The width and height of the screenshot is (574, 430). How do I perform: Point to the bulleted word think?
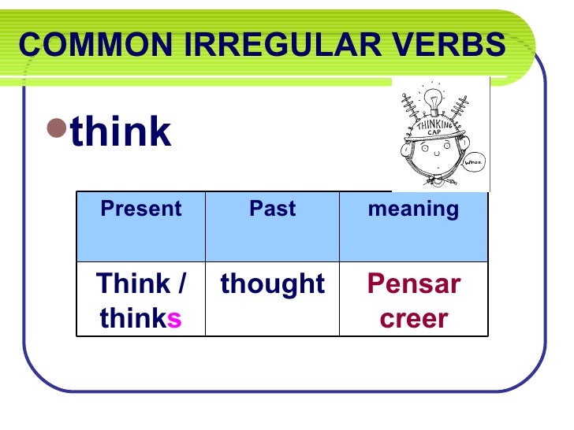pyautogui.click(x=121, y=132)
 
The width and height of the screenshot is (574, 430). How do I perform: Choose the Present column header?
pyautogui.click(x=140, y=209)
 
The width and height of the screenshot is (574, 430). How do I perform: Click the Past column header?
pyautogui.click(x=272, y=209)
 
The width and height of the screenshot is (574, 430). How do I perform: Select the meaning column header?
pyautogui.click(x=413, y=209)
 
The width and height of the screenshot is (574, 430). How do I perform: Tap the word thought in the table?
pyautogui.click(x=272, y=284)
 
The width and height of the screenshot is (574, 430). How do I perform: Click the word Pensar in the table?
pyautogui.click(x=413, y=284)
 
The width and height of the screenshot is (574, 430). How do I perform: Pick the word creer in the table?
pyautogui.click(x=413, y=319)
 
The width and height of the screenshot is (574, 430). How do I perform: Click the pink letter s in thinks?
pyautogui.click(x=174, y=319)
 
